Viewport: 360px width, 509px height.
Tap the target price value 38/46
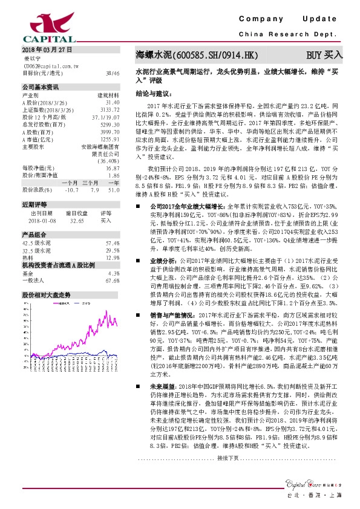(x=112, y=73)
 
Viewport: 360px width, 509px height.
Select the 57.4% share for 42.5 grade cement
(x=113, y=242)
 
